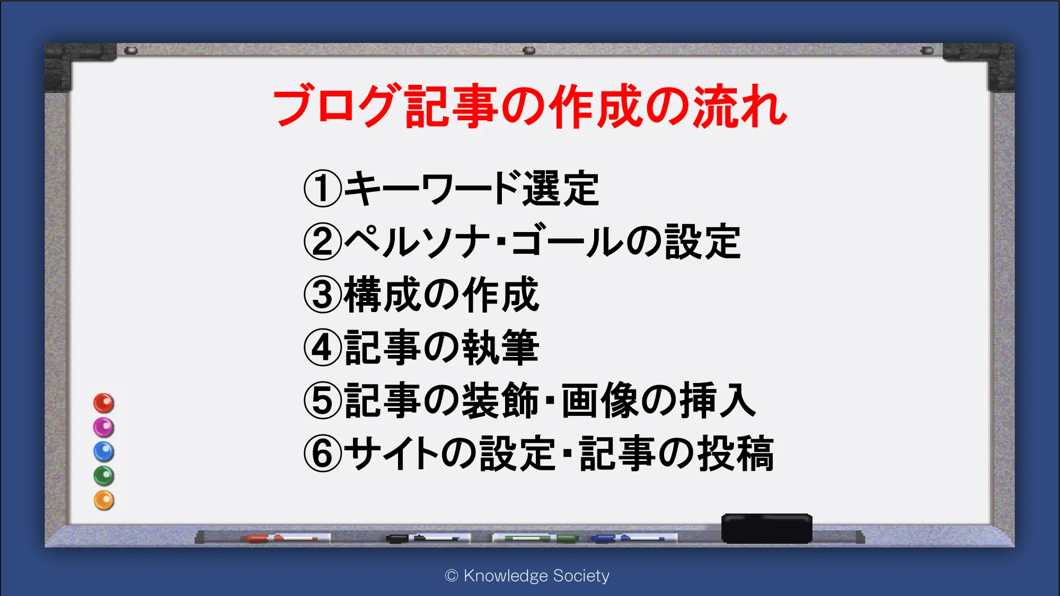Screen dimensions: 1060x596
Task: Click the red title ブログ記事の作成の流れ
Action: click(x=530, y=106)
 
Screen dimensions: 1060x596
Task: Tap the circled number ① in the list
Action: click(x=323, y=189)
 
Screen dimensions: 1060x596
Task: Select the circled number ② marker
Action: click(x=323, y=242)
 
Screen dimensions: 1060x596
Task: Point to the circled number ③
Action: click(x=323, y=295)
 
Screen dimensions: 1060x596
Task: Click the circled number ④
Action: click(x=323, y=348)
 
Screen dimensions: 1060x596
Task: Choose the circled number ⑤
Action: click(x=323, y=401)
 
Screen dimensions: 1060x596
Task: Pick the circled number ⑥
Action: click(x=323, y=453)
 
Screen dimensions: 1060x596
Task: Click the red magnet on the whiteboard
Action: click(x=104, y=403)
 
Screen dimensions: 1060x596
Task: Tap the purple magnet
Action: click(x=104, y=428)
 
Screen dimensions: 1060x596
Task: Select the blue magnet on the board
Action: click(x=104, y=452)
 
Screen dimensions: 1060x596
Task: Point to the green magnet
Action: click(x=104, y=476)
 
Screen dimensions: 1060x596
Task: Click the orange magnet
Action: click(x=104, y=500)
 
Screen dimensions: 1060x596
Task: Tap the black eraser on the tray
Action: click(x=767, y=528)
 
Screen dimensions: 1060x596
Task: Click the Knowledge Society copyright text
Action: click(x=527, y=576)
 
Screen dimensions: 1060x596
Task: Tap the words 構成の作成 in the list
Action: click(x=441, y=295)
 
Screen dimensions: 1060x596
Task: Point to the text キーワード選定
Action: click(x=472, y=189)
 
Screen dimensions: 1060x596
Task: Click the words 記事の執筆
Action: click(x=441, y=348)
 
